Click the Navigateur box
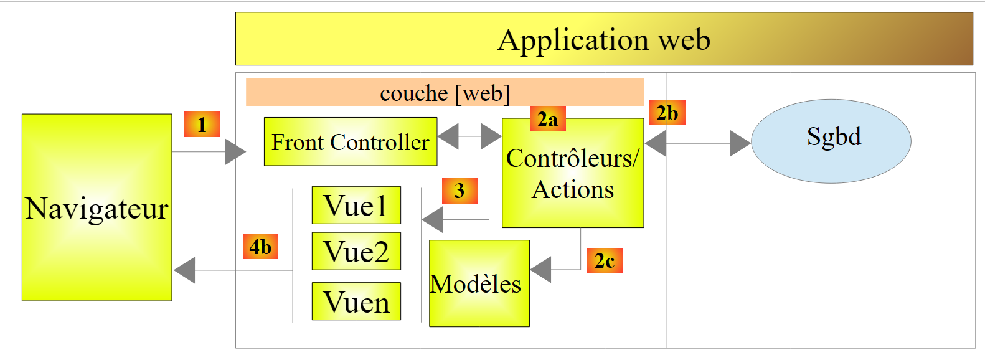[x=97, y=207]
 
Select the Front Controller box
[x=350, y=142]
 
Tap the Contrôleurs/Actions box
[x=573, y=173]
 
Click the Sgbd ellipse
[x=831, y=141]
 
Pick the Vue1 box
[x=356, y=205]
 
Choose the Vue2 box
[x=356, y=251]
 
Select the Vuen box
[x=356, y=301]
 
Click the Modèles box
[x=479, y=283]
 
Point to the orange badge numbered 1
[x=202, y=124]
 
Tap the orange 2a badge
[x=547, y=119]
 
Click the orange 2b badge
[x=667, y=113]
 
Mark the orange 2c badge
[x=604, y=260]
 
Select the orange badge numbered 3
[x=460, y=191]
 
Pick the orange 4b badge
[x=260, y=247]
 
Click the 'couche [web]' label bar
[x=445, y=93]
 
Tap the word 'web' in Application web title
[x=684, y=40]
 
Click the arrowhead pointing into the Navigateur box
[x=185, y=270]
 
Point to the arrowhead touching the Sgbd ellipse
[x=740, y=143]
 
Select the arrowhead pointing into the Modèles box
[x=540, y=270]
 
